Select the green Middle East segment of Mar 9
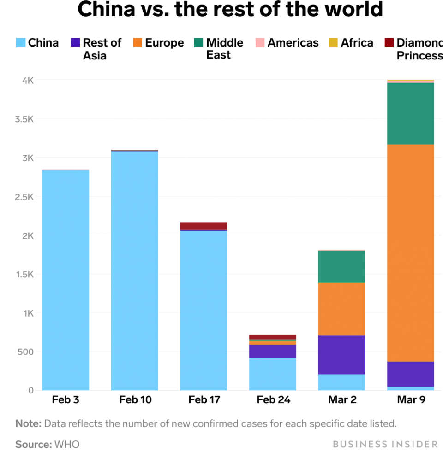[411, 113]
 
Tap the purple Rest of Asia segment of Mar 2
[342, 354]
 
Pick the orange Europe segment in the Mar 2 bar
[342, 309]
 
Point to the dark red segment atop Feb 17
[204, 226]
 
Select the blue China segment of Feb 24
[273, 374]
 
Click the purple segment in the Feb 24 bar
[273, 351]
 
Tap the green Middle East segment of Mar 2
[342, 266]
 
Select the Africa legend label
[357, 43]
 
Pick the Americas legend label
[293, 43]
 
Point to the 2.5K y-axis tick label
[24, 197]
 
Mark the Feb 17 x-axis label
[204, 399]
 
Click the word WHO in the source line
[67, 444]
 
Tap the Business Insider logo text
[385, 444]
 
